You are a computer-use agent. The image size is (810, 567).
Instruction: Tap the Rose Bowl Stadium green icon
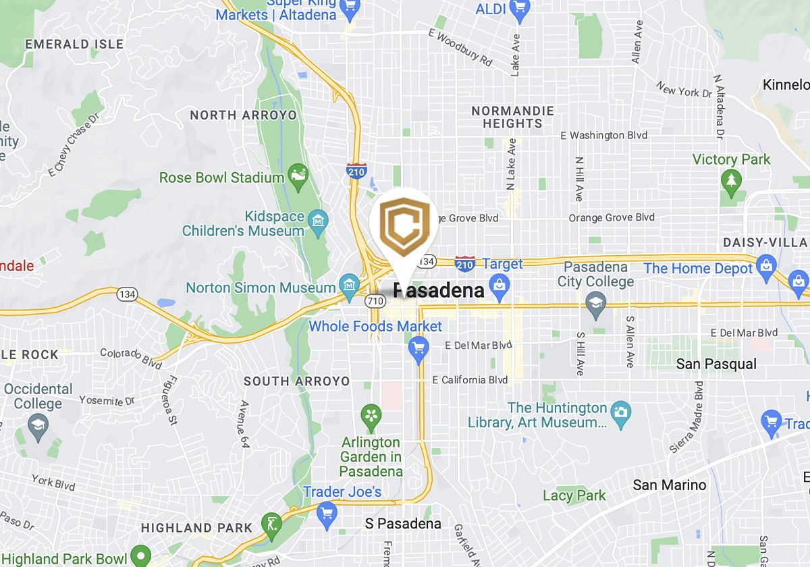[x=298, y=178]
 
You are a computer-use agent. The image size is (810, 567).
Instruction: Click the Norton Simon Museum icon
[x=348, y=287]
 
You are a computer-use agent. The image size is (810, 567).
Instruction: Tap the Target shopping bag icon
[x=500, y=286]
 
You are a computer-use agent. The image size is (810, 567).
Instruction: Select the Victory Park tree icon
[x=730, y=180]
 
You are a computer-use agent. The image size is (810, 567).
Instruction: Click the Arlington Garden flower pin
[x=371, y=416]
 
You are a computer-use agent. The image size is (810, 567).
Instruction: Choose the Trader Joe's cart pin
[x=327, y=514]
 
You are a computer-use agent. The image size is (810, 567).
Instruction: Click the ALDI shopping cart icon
[x=519, y=9]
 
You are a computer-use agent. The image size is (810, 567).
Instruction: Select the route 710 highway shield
[x=376, y=298]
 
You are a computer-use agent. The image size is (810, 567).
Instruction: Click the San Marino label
[x=669, y=485]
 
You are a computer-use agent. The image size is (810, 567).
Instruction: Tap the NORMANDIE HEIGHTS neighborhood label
[x=512, y=117]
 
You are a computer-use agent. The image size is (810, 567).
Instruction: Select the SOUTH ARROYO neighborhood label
[x=296, y=381]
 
